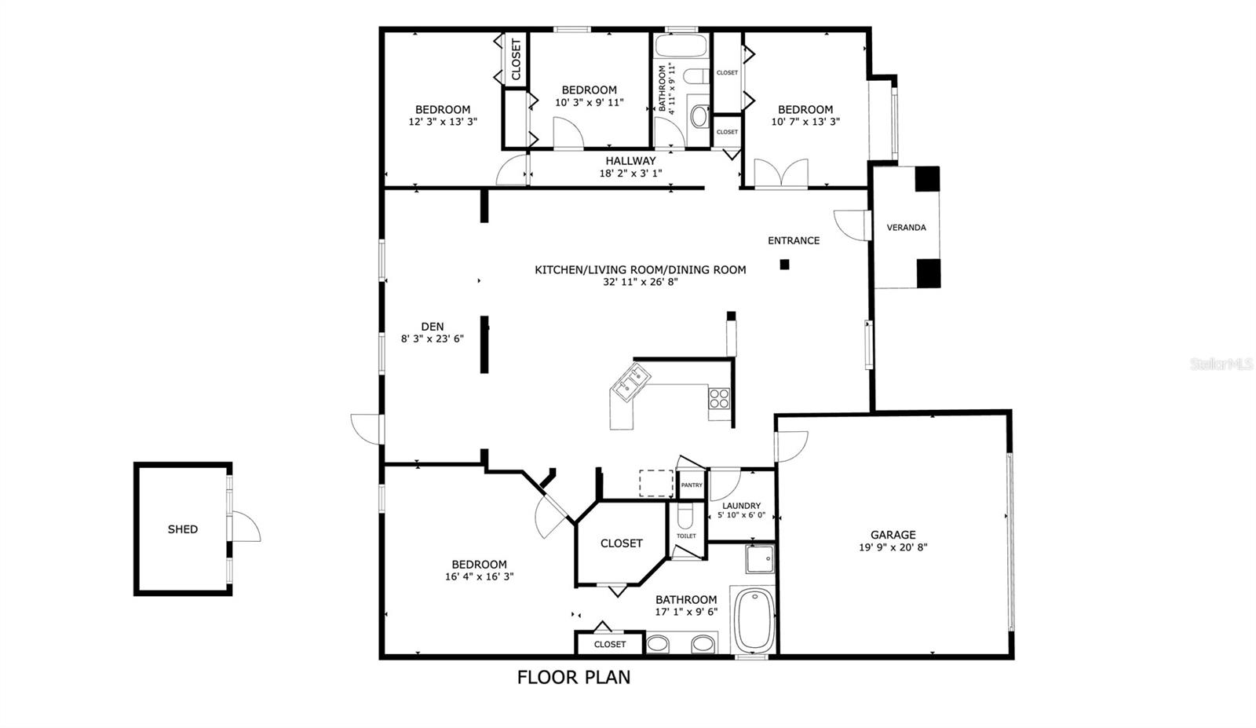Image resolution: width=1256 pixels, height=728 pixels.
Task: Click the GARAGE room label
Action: tap(893, 535)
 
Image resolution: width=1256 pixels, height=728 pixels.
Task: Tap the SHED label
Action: tap(182, 529)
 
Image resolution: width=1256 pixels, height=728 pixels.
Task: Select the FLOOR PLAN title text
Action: tap(573, 677)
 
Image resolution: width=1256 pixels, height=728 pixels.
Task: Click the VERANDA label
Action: tap(906, 228)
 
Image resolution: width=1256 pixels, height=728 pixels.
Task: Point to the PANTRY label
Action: tap(692, 485)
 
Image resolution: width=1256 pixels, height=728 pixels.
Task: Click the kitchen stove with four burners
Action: tap(719, 398)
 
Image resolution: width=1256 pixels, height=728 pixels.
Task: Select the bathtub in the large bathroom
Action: tap(754, 620)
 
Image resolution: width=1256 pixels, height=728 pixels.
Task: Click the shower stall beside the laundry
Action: tap(759, 558)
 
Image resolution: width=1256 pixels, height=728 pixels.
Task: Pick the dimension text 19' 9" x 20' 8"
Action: tap(893, 547)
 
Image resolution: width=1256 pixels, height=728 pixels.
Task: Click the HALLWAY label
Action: tap(630, 161)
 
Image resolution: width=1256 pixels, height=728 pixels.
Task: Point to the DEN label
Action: tap(432, 327)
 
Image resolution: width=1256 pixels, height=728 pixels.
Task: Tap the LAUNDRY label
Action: tap(741, 506)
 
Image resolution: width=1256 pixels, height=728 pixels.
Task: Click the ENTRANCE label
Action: tap(794, 240)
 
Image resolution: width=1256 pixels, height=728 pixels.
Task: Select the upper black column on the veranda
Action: tap(928, 178)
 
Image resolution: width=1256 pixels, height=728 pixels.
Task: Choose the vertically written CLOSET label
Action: tap(516, 60)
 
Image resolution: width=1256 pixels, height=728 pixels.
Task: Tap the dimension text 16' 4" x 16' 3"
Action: tap(479, 576)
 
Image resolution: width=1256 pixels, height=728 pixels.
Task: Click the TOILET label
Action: tap(686, 536)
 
